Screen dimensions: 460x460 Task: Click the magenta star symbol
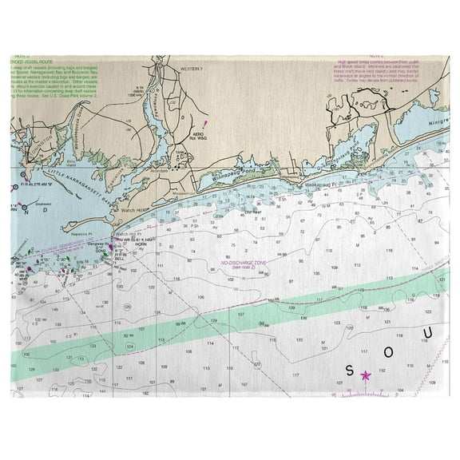(x=366, y=375)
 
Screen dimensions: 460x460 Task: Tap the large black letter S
(x=349, y=370)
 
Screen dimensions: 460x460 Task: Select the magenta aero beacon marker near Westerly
(x=205, y=124)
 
